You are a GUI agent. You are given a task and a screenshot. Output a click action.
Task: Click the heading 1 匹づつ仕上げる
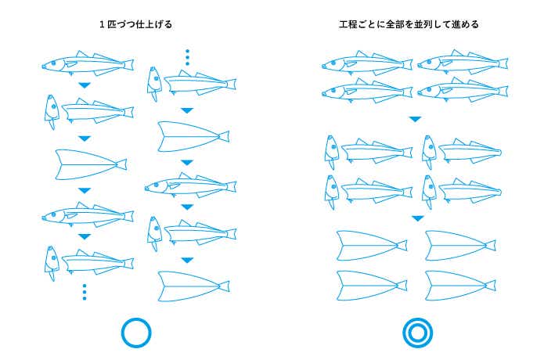click(135, 24)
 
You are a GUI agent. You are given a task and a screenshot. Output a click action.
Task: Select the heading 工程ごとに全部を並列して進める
click(409, 24)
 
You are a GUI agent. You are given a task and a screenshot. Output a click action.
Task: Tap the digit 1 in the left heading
click(102, 24)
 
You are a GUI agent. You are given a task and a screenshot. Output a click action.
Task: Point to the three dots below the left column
click(85, 292)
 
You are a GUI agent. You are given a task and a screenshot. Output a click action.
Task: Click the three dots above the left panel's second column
click(188, 58)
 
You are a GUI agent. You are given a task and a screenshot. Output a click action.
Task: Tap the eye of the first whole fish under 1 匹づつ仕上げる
click(54, 63)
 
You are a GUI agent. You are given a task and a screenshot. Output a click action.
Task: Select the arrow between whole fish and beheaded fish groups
click(416, 119)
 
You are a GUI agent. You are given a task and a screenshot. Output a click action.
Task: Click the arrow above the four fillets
click(418, 218)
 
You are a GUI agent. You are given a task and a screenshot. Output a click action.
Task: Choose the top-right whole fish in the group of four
click(463, 63)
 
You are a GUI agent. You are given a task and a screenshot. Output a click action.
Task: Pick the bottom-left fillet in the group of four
click(372, 286)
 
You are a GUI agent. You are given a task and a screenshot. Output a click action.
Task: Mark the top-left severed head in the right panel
click(331, 152)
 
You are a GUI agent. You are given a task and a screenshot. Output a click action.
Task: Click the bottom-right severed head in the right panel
click(429, 192)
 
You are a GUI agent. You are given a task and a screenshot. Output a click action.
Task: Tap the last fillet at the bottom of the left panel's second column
click(193, 286)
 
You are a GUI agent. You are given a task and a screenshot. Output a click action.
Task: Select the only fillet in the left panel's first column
click(92, 165)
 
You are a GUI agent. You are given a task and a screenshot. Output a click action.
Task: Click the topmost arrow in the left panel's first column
click(85, 85)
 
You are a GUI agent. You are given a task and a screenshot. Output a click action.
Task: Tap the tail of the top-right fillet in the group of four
click(491, 246)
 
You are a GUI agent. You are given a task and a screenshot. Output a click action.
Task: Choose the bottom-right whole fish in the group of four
click(463, 90)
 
